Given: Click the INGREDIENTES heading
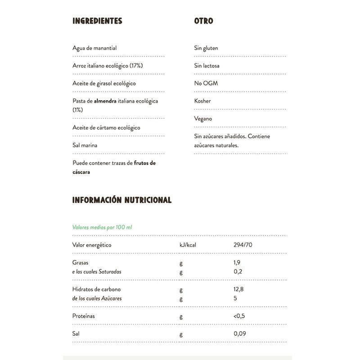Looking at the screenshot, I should click(x=97, y=21).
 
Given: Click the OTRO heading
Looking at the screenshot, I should click(x=203, y=21).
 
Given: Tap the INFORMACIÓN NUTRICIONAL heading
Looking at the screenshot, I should click(x=122, y=200).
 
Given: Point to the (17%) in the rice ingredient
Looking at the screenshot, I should click(x=136, y=66).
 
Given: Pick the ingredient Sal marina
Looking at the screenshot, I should click(x=85, y=145).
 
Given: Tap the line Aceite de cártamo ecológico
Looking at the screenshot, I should click(x=106, y=128).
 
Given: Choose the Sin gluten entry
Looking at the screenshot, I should click(x=206, y=48).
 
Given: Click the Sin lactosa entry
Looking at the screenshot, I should click(x=207, y=66).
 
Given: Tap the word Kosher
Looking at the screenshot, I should click(x=202, y=101).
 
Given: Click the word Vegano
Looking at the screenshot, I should click(x=203, y=119).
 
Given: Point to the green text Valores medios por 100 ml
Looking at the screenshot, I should click(x=102, y=227).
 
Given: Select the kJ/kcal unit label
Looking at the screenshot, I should click(x=188, y=245).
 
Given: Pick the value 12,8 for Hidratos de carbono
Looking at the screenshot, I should click(x=239, y=289).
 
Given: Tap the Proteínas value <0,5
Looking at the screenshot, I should click(x=239, y=316).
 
